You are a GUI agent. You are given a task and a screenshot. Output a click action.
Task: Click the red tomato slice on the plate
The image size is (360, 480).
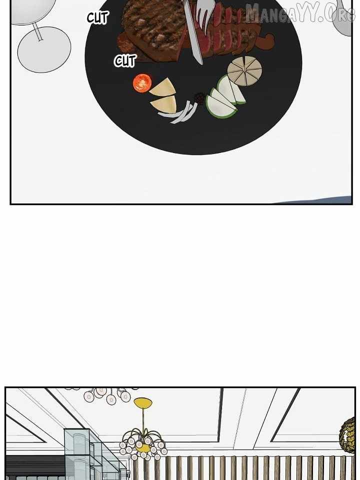(142, 82)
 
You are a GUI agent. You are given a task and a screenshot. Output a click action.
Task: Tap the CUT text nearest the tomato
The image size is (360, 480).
(124, 61)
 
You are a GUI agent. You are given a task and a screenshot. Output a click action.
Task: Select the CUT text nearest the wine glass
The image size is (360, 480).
(97, 18)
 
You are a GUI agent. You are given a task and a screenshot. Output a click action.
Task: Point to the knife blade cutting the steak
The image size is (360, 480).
(193, 33)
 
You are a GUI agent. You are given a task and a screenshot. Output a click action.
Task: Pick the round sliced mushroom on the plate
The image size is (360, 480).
(244, 71)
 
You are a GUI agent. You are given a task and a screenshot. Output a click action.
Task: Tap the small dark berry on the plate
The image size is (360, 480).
(199, 98)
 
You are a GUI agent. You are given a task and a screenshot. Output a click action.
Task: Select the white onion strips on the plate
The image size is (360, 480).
(179, 113)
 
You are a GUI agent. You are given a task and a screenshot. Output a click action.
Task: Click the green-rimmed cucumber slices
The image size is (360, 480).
(225, 97)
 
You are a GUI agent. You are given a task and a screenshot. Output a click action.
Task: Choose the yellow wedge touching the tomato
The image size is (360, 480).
(163, 88)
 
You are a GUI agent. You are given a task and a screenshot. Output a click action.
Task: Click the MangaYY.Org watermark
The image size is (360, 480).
(300, 13)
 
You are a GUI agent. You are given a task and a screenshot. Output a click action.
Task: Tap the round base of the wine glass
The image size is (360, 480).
(44, 49)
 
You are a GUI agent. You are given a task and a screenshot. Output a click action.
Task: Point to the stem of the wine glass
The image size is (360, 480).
(37, 31)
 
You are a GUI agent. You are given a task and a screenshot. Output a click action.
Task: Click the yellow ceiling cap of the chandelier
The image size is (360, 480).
(143, 402)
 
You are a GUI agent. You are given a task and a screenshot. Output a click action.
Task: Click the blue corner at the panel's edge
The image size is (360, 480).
(318, 200)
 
